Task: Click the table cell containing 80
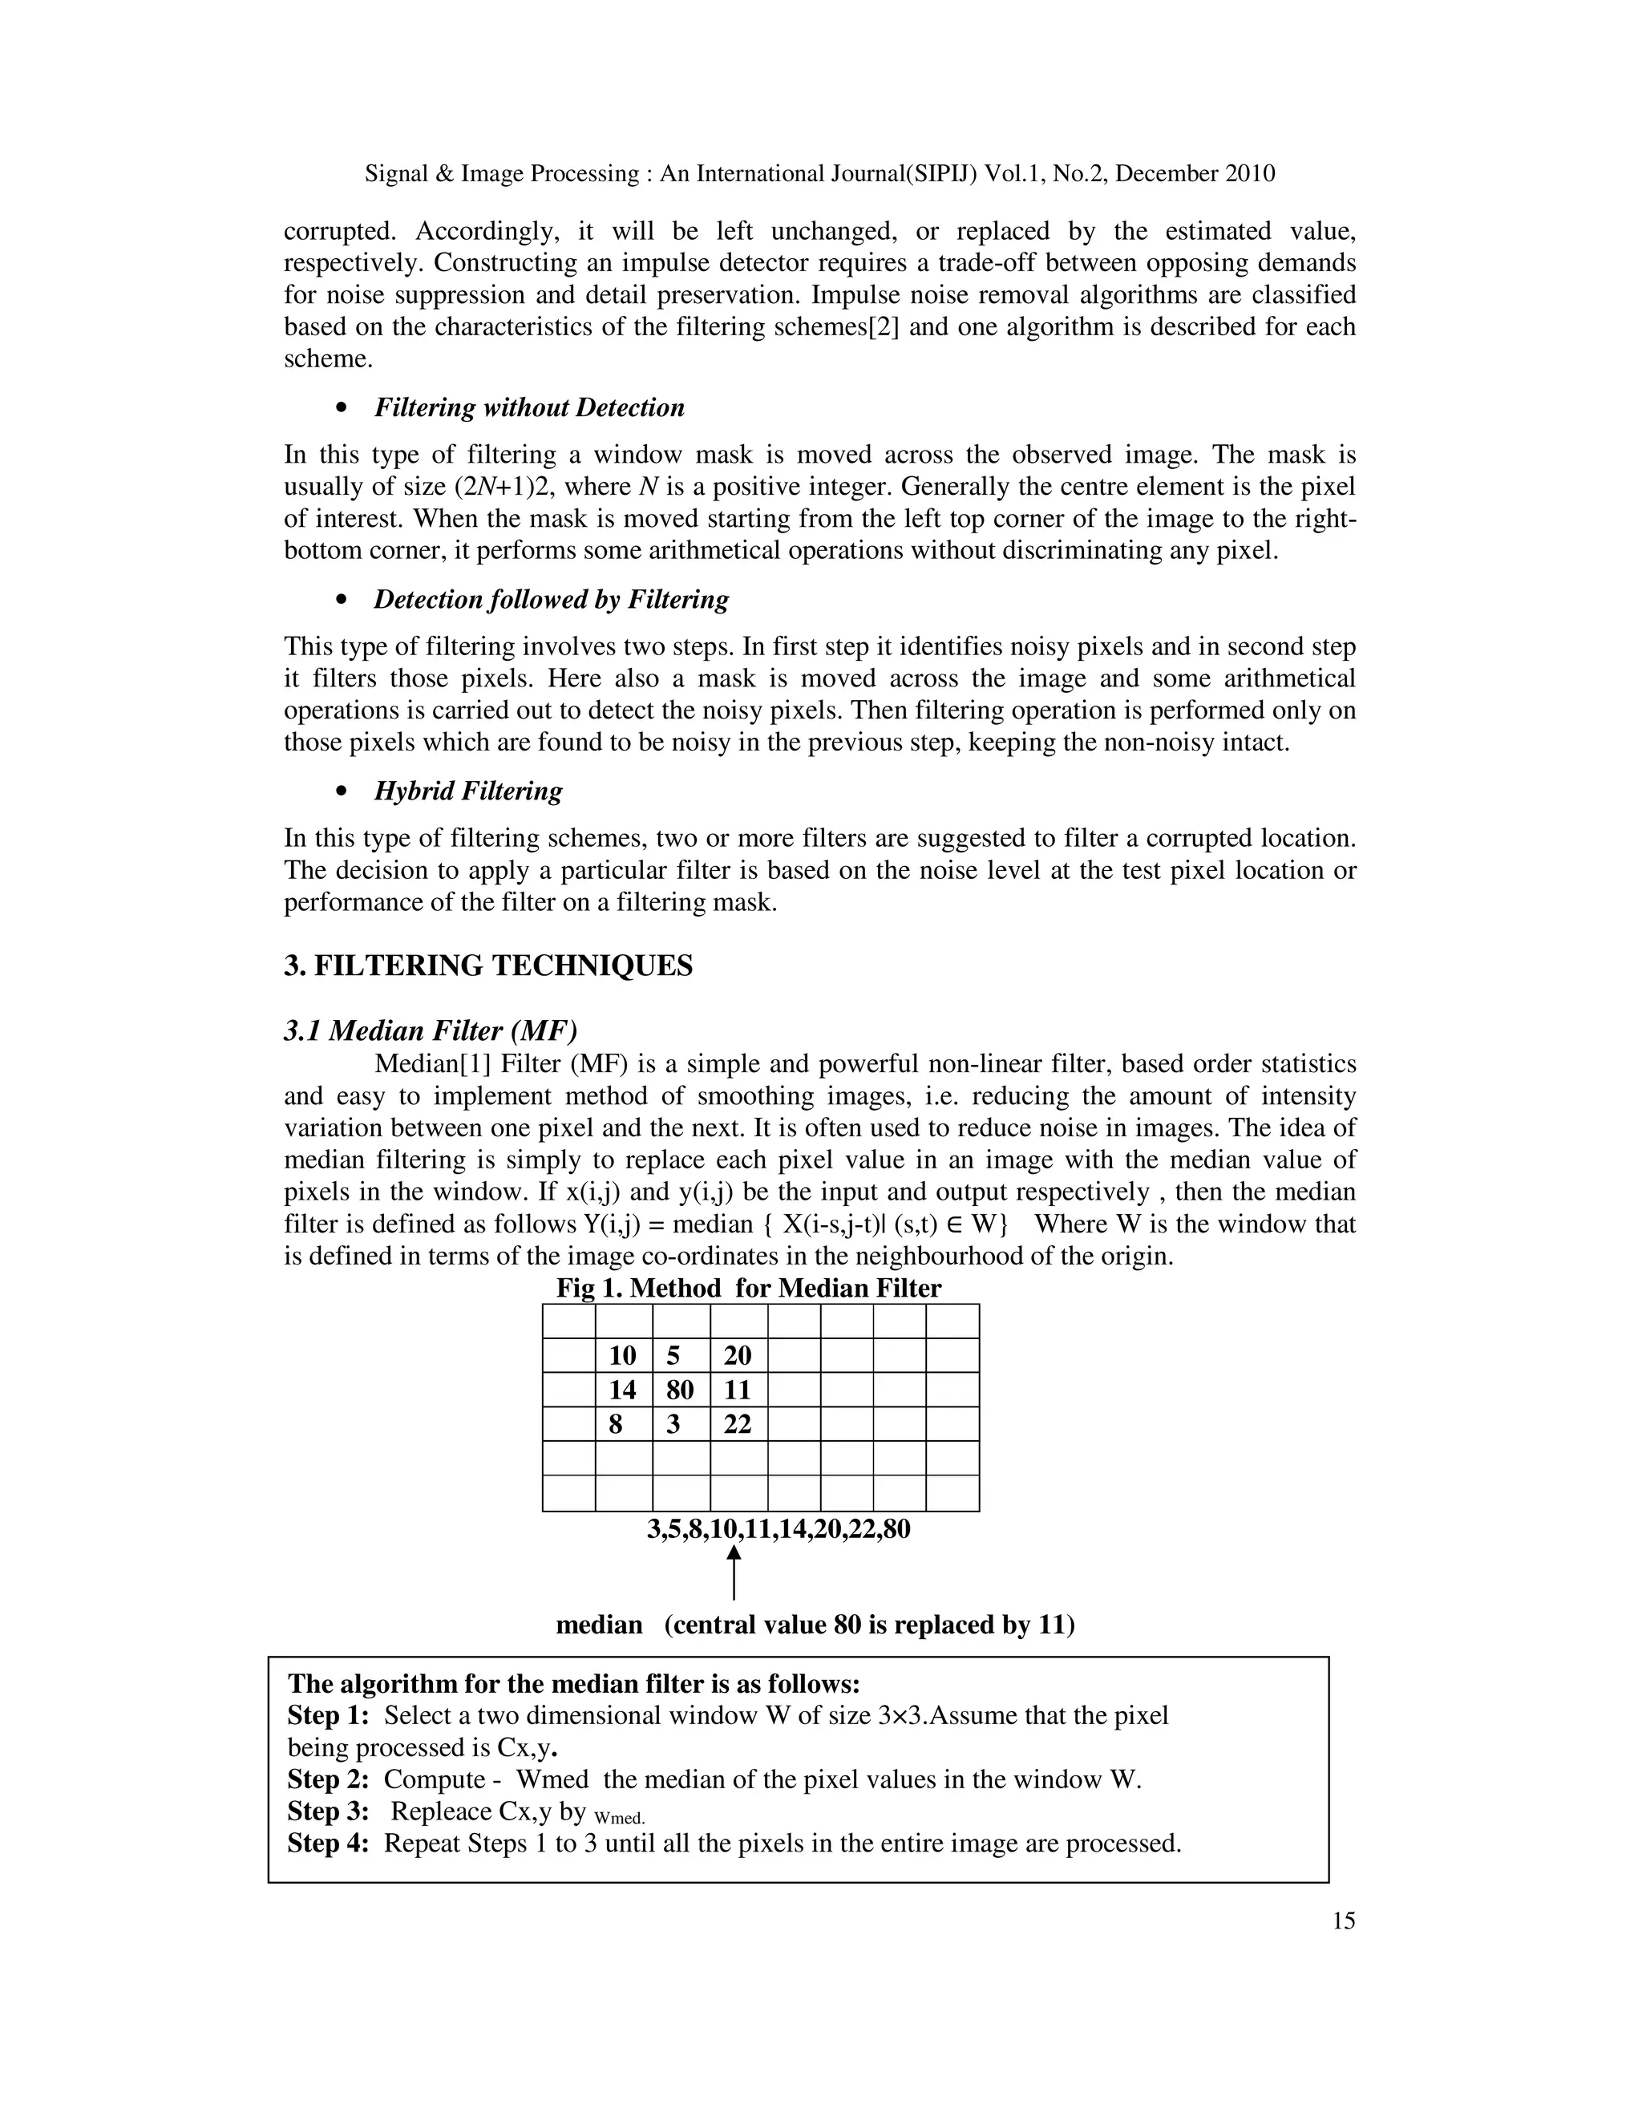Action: pyautogui.click(x=681, y=1390)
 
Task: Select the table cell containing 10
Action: pyautogui.click(x=622, y=1356)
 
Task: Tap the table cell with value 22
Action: pyautogui.click(x=738, y=1424)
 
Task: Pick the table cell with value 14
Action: pyautogui.click(x=622, y=1390)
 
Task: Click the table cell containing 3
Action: pyautogui.click(x=681, y=1424)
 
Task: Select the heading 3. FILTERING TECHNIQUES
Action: pyautogui.click(x=488, y=966)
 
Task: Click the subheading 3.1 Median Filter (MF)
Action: pyautogui.click(x=430, y=1030)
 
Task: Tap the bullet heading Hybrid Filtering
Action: pyautogui.click(x=468, y=791)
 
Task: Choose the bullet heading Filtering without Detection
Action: pyautogui.click(x=529, y=407)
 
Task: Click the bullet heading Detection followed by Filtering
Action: pyautogui.click(x=551, y=599)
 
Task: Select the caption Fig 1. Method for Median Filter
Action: pyautogui.click(x=748, y=1289)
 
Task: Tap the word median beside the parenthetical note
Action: pyautogui.click(x=599, y=1625)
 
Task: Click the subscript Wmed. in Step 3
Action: pyautogui.click(x=619, y=1818)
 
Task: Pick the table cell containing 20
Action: pyautogui.click(x=738, y=1356)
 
